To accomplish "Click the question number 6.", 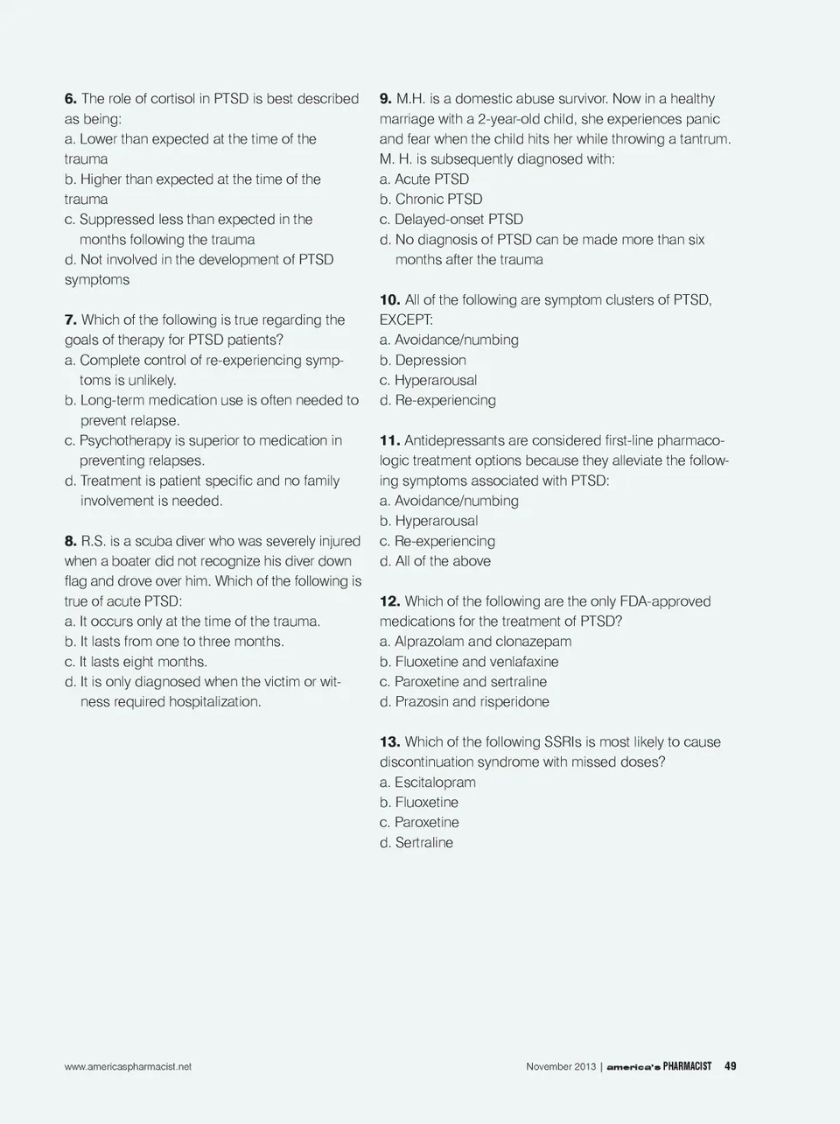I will (x=71, y=99).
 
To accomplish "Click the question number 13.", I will (x=389, y=742).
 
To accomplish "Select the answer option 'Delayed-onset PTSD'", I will (x=451, y=220).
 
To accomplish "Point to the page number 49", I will (x=731, y=1066).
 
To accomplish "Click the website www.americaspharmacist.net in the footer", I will (x=128, y=1067).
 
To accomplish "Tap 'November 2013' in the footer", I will (x=561, y=1067).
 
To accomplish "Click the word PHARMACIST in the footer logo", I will (x=687, y=1066).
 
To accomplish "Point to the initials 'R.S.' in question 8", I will (x=94, y=541).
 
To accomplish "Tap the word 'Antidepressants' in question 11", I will (x=453, y=440).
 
